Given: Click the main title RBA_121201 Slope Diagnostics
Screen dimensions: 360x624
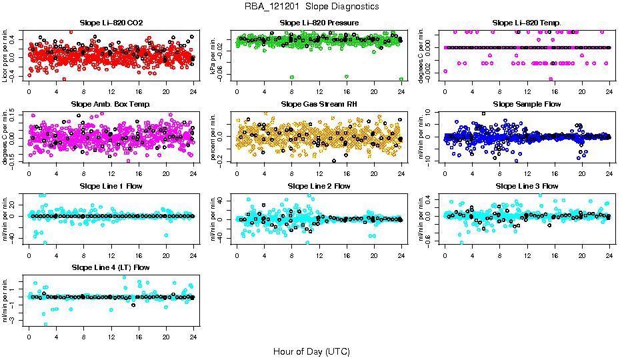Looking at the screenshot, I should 311,6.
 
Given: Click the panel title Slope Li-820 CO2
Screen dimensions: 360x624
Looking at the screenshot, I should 111,23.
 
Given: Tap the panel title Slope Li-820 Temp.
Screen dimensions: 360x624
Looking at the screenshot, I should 527,23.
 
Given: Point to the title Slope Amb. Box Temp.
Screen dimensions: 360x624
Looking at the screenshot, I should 111,105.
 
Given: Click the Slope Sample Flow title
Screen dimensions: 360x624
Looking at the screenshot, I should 527,105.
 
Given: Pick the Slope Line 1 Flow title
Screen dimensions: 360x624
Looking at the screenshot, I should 111,186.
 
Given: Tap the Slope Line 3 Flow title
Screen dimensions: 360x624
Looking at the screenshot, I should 527,186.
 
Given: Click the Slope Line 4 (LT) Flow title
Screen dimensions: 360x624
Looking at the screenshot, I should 111,267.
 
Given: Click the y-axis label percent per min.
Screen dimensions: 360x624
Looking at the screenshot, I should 213,136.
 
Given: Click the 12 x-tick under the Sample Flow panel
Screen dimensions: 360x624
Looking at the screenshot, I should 527,174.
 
